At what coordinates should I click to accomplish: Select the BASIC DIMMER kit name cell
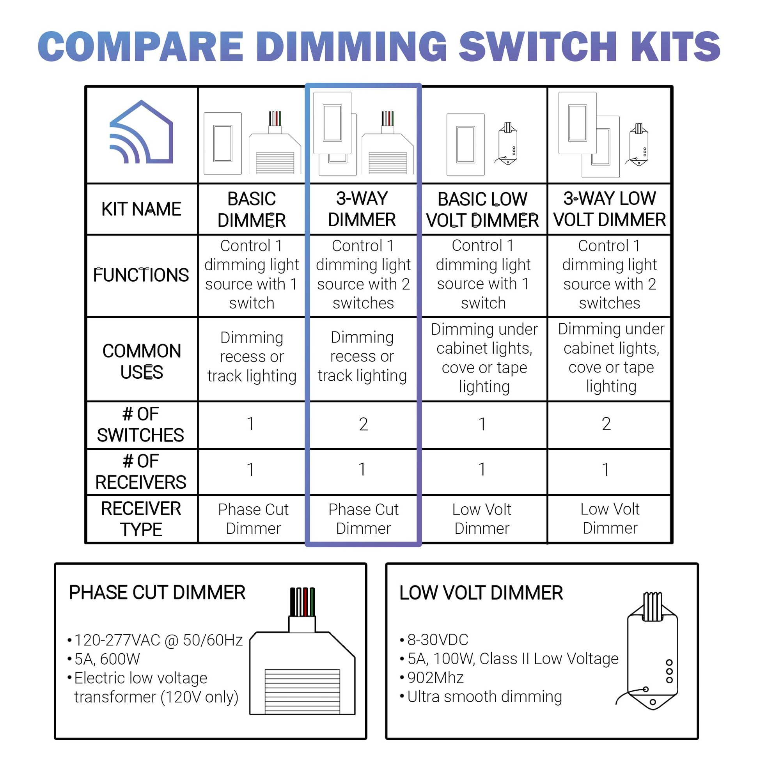coord(252,209)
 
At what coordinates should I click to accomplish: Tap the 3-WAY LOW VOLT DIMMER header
coord(610,209)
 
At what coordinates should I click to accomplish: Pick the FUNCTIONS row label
coord(141,275)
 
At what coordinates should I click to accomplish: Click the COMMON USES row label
coord(142,362)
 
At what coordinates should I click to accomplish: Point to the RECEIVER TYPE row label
coord(141,519)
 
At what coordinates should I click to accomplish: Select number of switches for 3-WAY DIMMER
coord(364,424)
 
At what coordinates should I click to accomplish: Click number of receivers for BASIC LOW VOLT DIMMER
coord(482,470)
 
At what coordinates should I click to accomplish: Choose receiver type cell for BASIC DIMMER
coord(254,519)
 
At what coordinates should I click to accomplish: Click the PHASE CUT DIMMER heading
coord(157,592)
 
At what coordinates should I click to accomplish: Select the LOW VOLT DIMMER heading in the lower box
coord(481,593)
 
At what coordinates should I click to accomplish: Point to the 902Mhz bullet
coord(432,678)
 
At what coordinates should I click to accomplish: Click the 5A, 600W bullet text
coord(104,659)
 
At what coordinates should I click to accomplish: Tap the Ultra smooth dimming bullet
coord(481,697)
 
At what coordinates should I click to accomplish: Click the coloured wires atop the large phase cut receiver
coord(302,601)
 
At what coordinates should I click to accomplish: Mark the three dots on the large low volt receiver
coord(669,671)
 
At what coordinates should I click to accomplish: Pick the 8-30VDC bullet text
coord(434,640)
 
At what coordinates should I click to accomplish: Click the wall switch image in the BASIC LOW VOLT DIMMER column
coord(466,145)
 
